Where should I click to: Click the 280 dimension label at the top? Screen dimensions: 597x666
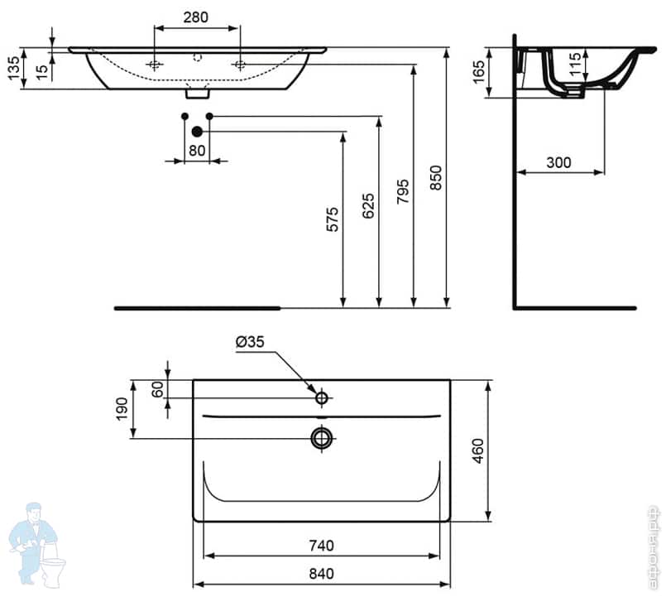pyautogui.click(x=196, y=17)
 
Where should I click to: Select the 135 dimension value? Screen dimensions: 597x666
pyautogui.click(x=13, y=70)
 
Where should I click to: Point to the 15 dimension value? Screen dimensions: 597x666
pyautogui.click(x=41, y=69)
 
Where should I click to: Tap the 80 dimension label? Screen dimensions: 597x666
pyautogui.click(x=196, y=150)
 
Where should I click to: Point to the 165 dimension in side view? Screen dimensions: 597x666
pyautogui.click(x=478, y=73)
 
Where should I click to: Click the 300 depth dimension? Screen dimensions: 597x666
pyautogui.click(x=559, y=163)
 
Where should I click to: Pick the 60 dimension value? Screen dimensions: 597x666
pyautogui.click(x=158, y=388)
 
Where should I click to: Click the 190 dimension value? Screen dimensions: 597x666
pyautogui.click(x=122, y=408)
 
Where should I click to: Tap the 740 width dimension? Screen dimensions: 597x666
pyautogui.click(x=321, y=545)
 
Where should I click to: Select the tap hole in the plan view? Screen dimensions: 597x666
pyautogui.click(x=322, y=398)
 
